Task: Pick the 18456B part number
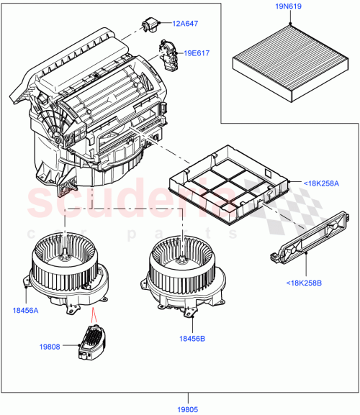click(192, 337)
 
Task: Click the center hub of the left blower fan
click(66, 254)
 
